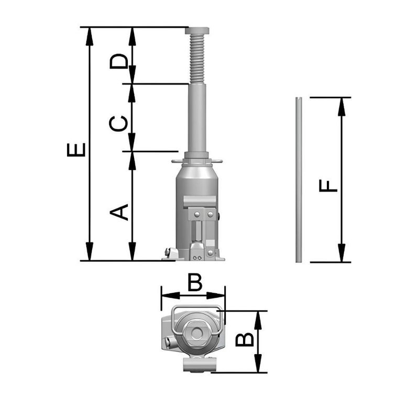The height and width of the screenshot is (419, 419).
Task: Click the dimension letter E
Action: (x=76, y=149)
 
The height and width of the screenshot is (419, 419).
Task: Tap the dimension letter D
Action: (x=119, y=61)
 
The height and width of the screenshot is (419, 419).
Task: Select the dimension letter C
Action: (x=119, y=123)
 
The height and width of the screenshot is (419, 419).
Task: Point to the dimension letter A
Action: (x=119, y=212)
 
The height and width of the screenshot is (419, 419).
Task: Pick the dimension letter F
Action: (x=329, y=185)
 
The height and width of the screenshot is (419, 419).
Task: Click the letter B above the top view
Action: (x=195, y=283)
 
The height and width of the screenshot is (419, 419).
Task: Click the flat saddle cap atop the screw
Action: (x=197, y=30)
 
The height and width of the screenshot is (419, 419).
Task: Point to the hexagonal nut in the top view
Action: (x=197, y=333)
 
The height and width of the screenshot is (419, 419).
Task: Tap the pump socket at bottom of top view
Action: (x=200, y=365)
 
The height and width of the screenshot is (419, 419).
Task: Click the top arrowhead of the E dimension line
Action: (x=90, y=34)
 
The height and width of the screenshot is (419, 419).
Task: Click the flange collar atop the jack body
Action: (x=197, y=160)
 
